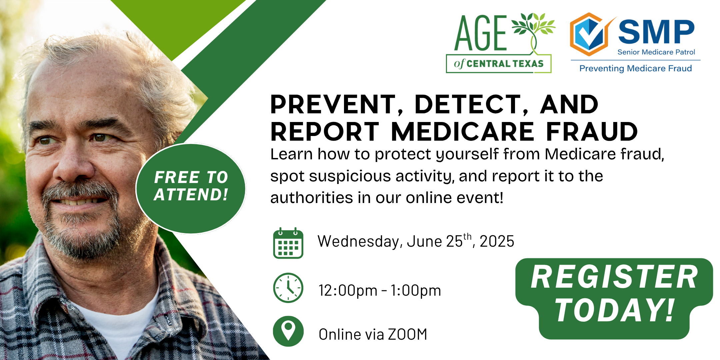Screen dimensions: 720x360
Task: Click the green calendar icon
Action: [288, 243]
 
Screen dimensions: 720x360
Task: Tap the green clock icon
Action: [288, 288]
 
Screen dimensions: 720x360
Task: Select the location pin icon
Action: [288, 331]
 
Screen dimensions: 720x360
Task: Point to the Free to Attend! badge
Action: [191, 189]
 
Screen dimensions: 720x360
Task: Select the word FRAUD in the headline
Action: [592, 132]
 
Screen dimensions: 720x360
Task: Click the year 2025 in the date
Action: [497, 241]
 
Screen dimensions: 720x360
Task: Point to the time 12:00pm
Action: [348, 290]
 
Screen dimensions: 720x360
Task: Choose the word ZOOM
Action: [407, 334]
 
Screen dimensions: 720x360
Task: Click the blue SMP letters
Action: [656, 32]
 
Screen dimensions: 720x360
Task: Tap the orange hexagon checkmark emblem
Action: [589, 34]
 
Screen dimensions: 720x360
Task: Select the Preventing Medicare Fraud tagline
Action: [635, 68]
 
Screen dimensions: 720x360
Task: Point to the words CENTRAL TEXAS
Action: [505, 63]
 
